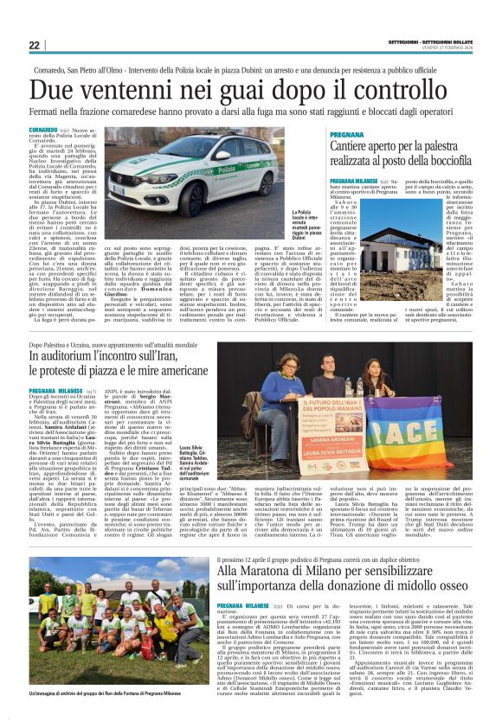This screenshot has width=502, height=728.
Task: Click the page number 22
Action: (35, 45)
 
